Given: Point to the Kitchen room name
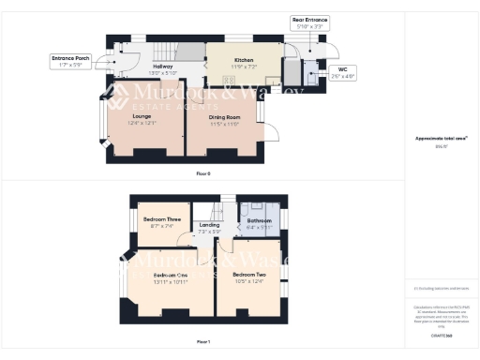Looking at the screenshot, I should [244, 60].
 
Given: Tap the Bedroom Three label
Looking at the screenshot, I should [158, 218].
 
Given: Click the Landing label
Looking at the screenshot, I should [210, 225].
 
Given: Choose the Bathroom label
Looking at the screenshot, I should [259, 220].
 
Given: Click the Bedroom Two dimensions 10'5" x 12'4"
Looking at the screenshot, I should [249, 280].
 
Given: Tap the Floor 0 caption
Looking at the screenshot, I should [202, 174].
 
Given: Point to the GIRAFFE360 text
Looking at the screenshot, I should [441, 335].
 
